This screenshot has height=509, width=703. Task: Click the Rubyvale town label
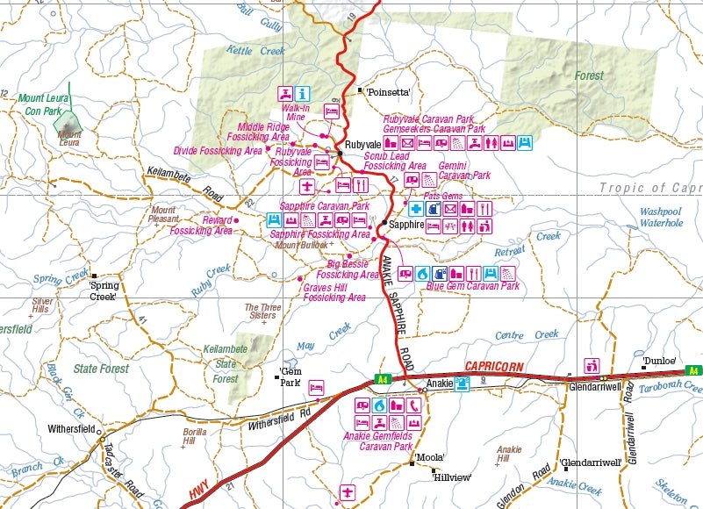point(362,144)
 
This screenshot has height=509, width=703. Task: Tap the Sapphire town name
point(406,225)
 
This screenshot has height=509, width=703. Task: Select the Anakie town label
point(439,384)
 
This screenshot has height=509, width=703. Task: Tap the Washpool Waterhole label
point(661,218)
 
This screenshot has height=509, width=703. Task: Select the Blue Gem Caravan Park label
point(472,286)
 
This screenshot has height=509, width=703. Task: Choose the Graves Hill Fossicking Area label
point(334,292)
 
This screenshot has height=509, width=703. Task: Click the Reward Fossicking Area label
point(201,226)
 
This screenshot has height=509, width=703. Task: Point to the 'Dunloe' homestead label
point(658,360)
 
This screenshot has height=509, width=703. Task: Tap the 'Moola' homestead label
point(430,457)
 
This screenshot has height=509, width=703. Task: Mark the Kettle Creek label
point(256,51)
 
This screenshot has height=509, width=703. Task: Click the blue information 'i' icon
point(302,93)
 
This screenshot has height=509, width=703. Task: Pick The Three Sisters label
point(263,312)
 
